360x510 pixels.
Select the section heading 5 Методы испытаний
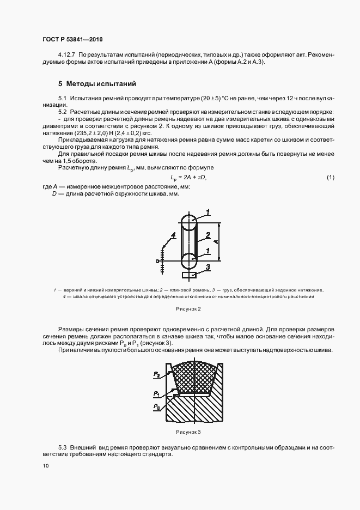[x=97, y=84]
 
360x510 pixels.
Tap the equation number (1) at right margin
[x=330, y=178]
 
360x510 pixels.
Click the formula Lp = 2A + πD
[x=189, y=178]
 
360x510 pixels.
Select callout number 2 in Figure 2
[x=208, y=236]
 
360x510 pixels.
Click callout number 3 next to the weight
[x=208, y=267]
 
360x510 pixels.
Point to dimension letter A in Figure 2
[x=216, y=241]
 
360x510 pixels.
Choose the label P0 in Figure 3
[x=156, y=406]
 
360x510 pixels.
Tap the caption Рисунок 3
[x=188, y=432]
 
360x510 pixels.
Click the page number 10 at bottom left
[x=45, y=466]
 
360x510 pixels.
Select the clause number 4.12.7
[x=66, y=55]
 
